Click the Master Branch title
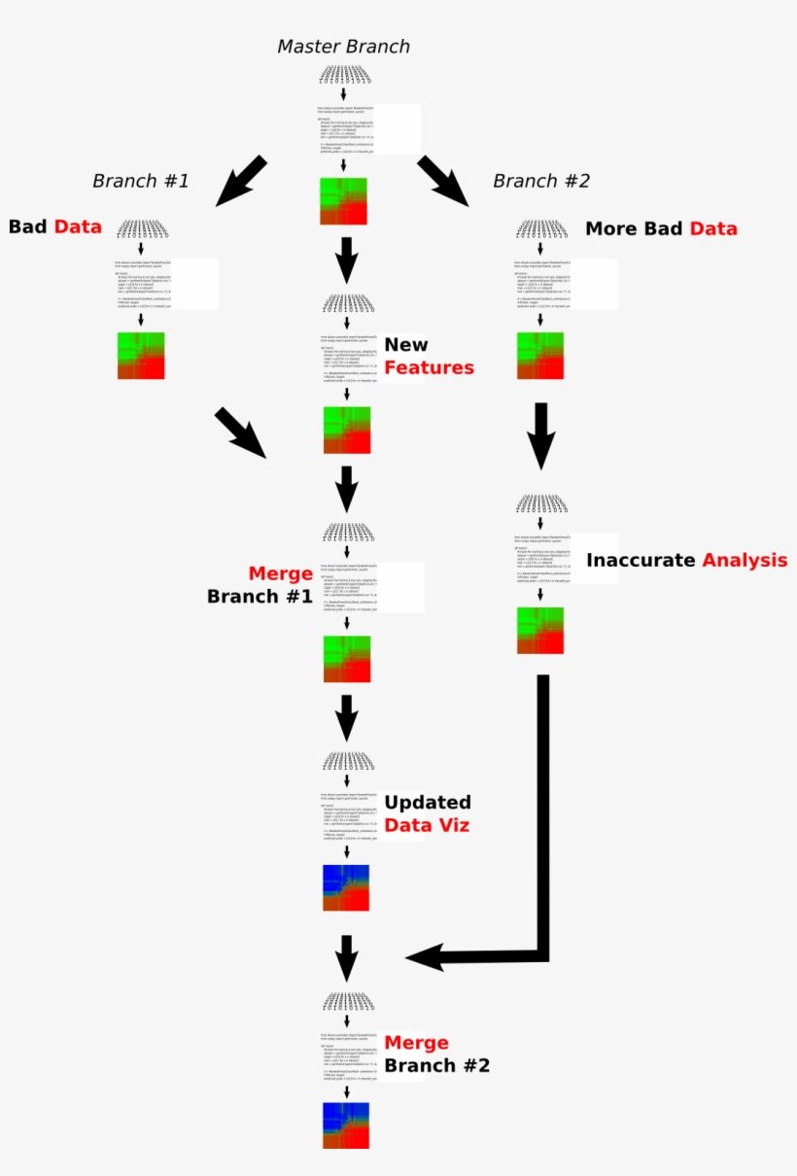pyautogui.click(x=343, y=47)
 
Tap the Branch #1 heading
pyautogui.click(x=140, y=181)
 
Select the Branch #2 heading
pyautogui.click(x=540, y=181)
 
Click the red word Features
pyautogui.click(x=429, y=367)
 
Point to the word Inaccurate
pyautogui.click(x=641, y=560)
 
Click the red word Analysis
pyautogui.click(x=745, y=560)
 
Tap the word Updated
pyautogui.click(x=427, y=803)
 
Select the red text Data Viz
pyautogui.click(x=427, y=825)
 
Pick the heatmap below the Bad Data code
pyautogui.click(x=141, y=356)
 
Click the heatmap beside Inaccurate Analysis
pyautogui.click(x=539, y=630)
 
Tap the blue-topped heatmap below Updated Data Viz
pyautogui.click(x=346, y=886)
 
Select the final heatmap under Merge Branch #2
pyautogui.click(x=346, y=1125)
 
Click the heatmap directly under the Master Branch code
pyautogui.click(x=344, y=201)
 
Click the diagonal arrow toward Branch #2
pyautogui.click(x=443, y=182)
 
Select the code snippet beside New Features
pyautogui.click(x=348, y=358)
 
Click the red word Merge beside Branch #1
pyautogui.click(x=280, y=573)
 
